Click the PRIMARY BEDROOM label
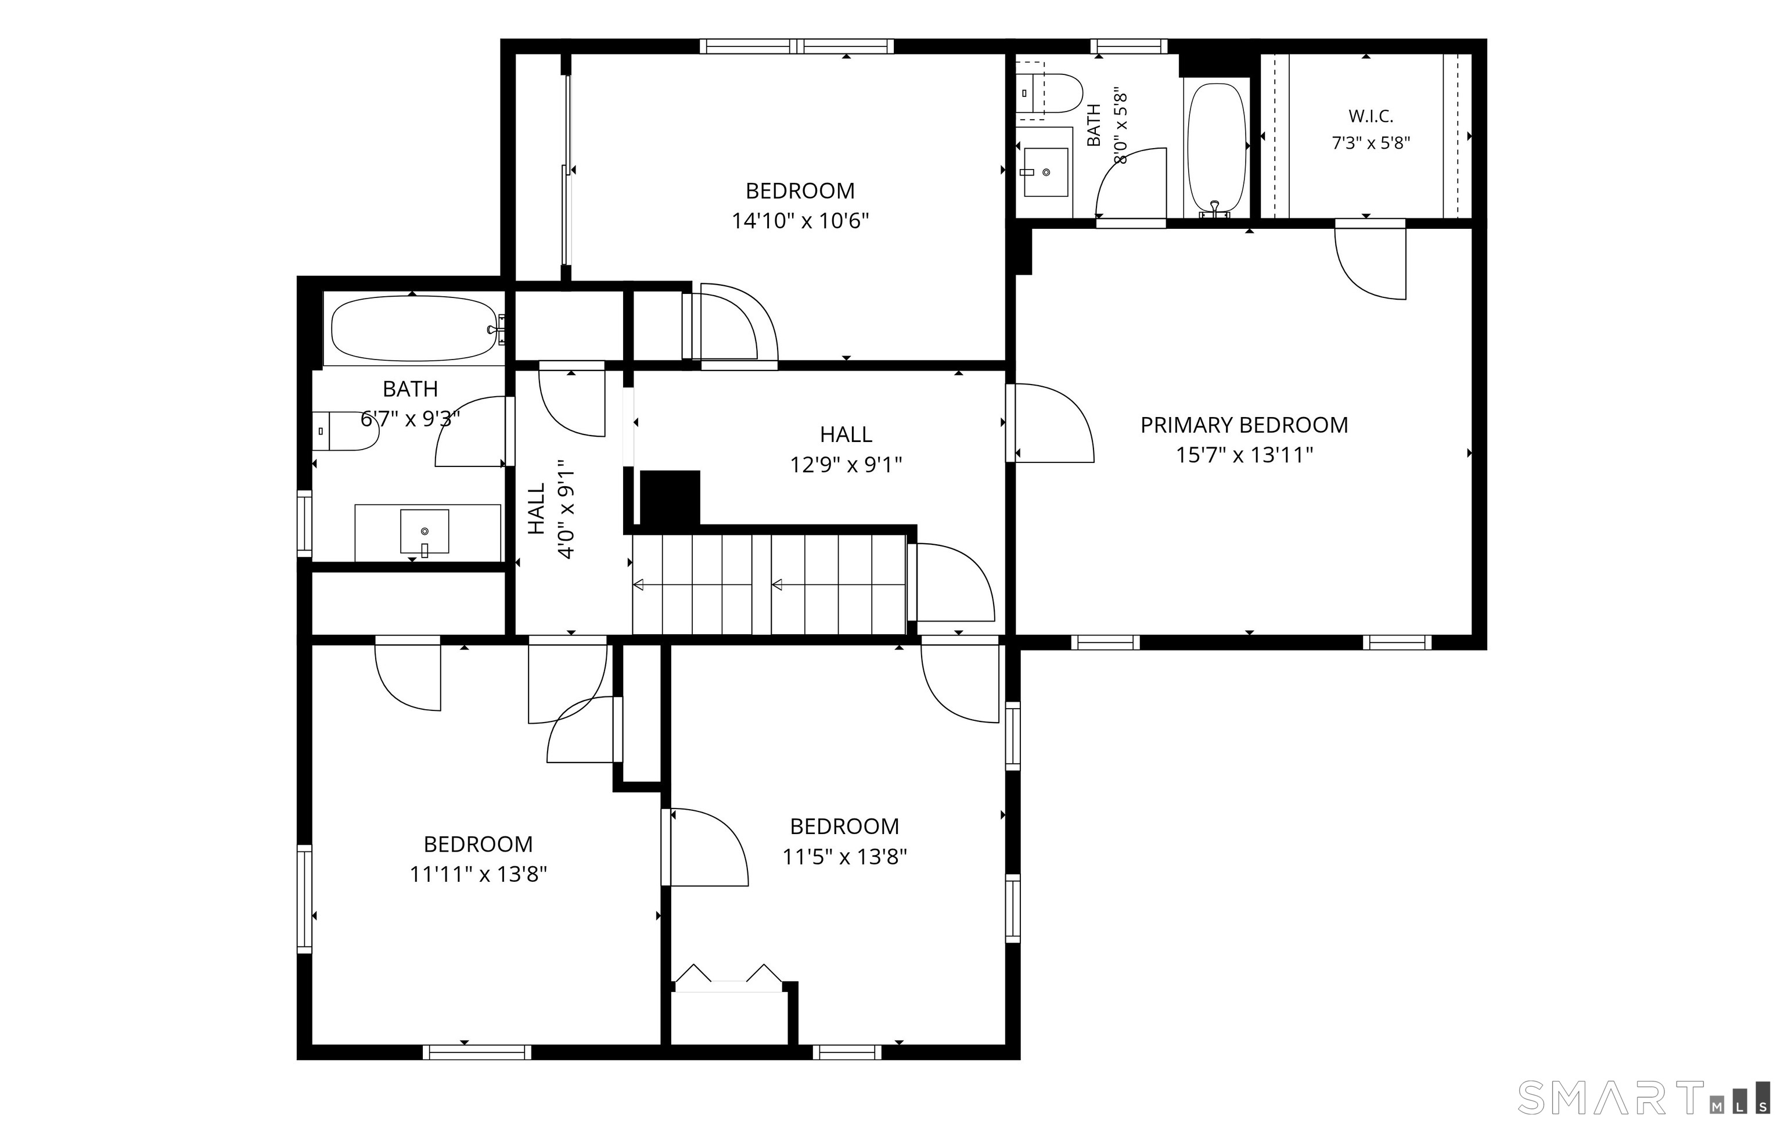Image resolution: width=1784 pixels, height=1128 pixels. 1244,425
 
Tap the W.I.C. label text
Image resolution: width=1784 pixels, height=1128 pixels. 1371,116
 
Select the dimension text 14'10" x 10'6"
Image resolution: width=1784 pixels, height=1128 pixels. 800,221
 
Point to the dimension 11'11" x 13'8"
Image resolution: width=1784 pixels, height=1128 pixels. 479,875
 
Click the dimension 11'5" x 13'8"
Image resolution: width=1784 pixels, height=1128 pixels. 844,857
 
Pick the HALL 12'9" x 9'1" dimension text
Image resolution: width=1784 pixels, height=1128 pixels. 846,465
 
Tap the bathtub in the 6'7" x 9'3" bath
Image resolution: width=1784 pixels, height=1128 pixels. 413,329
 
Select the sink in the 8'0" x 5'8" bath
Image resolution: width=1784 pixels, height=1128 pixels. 1045,172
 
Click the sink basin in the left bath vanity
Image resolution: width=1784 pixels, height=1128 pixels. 425,531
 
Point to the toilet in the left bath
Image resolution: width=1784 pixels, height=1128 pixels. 345,432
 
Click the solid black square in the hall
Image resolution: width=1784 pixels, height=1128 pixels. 670,498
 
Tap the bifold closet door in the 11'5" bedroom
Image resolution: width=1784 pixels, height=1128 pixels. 729,978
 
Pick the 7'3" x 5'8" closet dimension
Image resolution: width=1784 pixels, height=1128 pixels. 1371,143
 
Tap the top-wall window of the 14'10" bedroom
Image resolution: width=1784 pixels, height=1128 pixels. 797,46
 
